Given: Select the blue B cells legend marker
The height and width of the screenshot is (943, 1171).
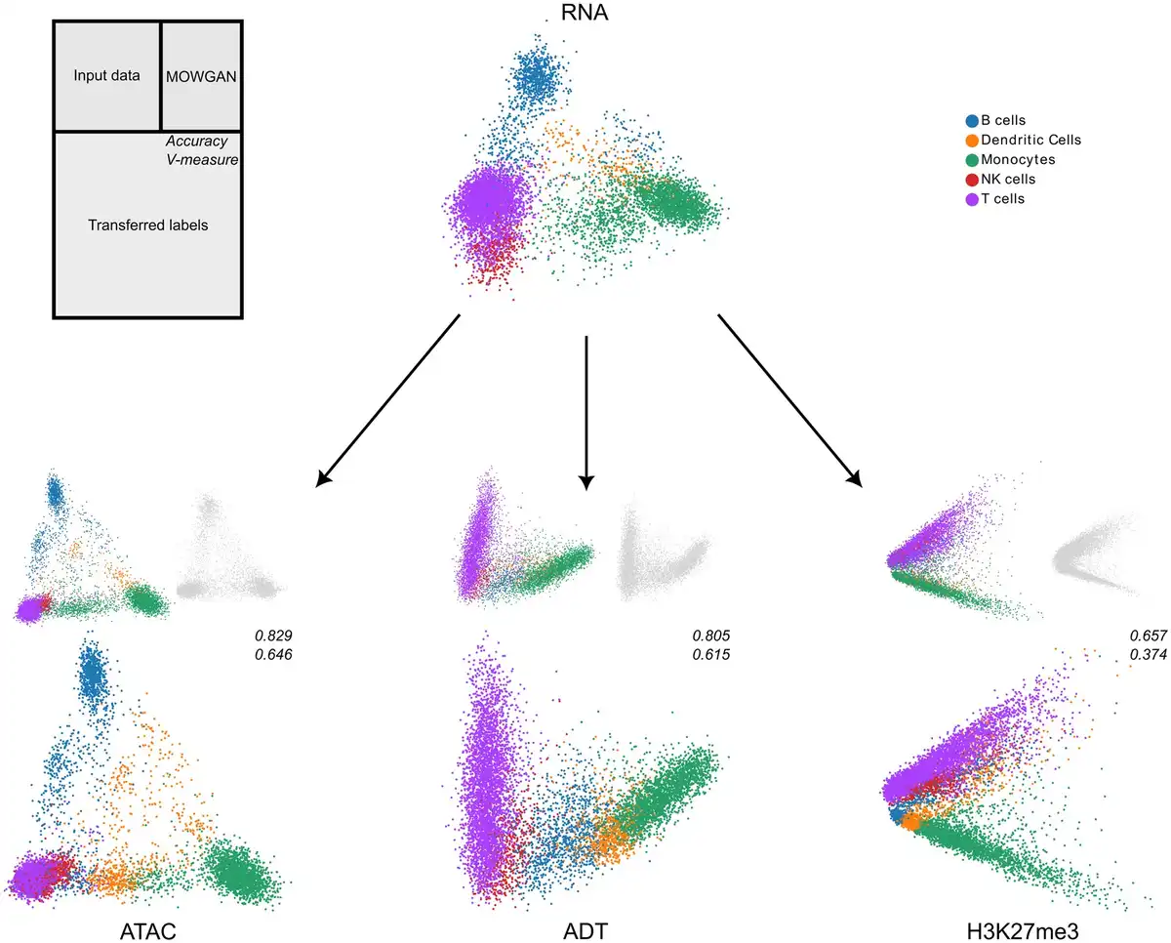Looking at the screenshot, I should [x=971, y=121].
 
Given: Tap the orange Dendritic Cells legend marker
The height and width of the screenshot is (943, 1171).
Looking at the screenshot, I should [x=971, y=141].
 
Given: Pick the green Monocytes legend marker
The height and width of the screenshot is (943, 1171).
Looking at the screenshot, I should [x=971, y=160].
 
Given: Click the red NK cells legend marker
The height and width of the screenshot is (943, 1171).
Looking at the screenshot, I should [x=971, y=180].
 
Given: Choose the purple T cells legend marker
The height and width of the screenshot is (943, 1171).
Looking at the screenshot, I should [x=971, y=199].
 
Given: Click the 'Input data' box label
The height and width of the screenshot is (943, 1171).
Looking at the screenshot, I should [x=106, y=75].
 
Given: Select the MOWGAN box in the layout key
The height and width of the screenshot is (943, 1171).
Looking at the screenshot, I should [x=201, y=75].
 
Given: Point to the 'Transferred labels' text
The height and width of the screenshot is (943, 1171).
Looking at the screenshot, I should [x=148, y=225].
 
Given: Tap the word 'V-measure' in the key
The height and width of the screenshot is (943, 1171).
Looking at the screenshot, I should [x=202, y=160].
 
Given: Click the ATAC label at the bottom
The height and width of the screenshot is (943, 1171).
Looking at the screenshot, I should [x=148, y=923].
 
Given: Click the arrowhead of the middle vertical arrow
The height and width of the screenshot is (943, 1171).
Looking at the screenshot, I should [x=585, y=480].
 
